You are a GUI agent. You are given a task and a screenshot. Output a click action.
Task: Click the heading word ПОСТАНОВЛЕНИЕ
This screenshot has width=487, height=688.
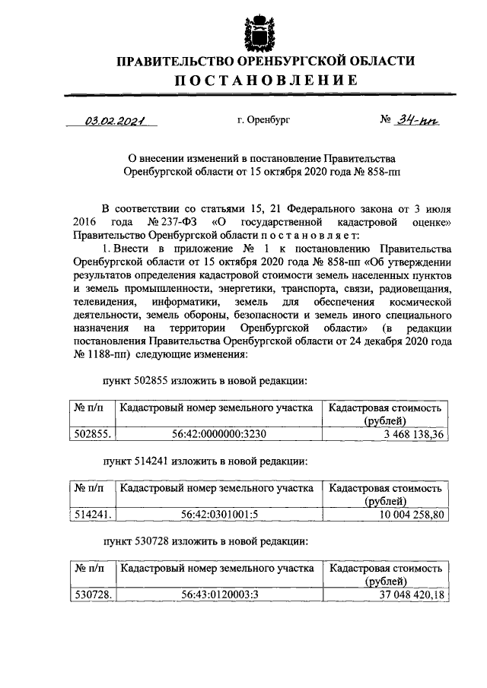tap(243, 81)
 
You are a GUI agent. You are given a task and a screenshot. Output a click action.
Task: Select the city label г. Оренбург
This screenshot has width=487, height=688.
tap(263, 119)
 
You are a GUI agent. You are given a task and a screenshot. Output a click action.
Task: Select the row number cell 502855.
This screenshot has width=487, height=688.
tap(92, 433)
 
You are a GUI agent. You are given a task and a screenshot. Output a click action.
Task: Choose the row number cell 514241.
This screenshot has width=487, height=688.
tap(92, 513)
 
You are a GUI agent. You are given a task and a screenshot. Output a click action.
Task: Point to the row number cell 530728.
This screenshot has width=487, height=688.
tap(92, 594)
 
